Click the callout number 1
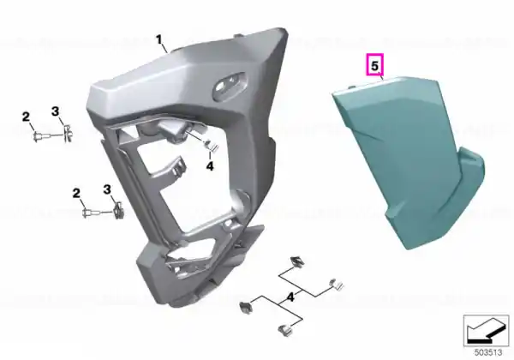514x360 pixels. [159, 40]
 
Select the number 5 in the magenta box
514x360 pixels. [374, 66]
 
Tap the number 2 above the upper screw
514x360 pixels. [26, 117]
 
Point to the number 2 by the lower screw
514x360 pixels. [76, 193]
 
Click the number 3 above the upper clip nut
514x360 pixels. [56, 111]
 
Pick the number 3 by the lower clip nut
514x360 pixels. [107, 189]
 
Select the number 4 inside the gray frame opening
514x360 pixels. [210, 166]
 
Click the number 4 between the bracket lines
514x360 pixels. [290, 297]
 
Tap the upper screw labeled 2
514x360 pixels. [42, 135]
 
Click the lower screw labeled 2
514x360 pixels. [92, 213]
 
